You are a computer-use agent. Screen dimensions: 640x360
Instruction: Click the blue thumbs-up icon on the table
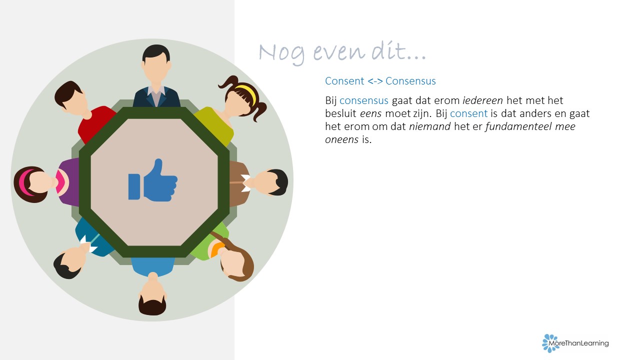153,180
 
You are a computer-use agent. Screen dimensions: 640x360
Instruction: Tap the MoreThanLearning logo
575,343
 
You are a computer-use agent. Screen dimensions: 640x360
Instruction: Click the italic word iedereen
482,100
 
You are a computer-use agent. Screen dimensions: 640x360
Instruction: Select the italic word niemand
429,126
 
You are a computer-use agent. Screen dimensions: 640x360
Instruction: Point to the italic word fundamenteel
518,126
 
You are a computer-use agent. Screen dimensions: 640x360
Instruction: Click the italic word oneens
341,139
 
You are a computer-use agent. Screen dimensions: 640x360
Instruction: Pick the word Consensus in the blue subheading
410,81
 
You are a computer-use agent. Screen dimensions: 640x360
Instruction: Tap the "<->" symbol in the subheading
375,81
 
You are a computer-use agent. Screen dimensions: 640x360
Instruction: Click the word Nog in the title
282,53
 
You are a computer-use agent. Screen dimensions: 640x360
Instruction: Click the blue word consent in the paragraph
468,113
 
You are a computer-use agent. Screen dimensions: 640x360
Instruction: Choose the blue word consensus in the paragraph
363,100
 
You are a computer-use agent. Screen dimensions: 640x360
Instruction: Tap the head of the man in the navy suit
156,63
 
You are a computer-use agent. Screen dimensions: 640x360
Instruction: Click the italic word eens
370,113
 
